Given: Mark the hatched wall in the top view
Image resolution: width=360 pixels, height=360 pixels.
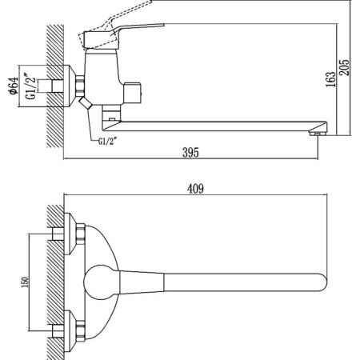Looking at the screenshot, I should (55, 280).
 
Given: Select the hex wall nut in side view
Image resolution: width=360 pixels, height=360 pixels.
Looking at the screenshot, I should (82, 85).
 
